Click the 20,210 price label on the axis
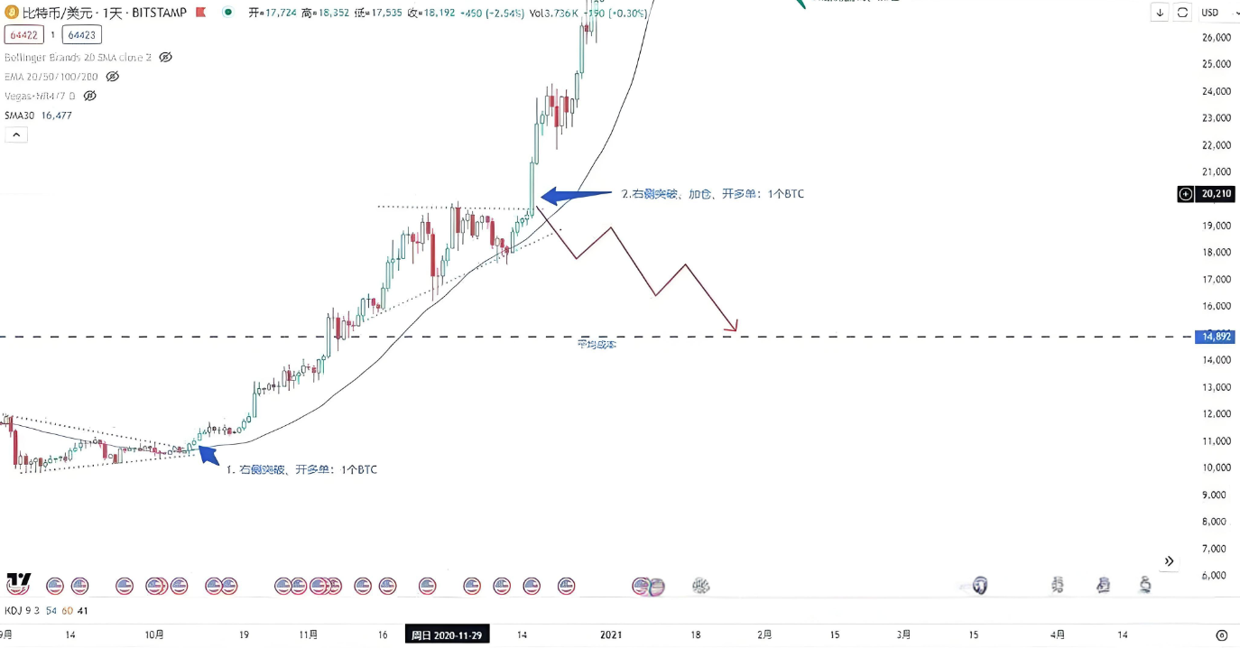(x=1217, y=194)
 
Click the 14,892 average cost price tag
(x=1216, y=337)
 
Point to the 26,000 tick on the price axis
(x=1217, y=38)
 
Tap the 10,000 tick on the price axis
(x=1217, y=467)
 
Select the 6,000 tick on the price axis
(x=1217, y=575)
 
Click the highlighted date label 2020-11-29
(x=447, y=635)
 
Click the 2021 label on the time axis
(x=610, y=635)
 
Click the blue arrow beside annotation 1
(x=208, y=454)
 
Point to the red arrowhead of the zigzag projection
(x=735, y=326)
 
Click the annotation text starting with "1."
(x=301, y=470)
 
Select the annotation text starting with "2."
(x=713, y=194)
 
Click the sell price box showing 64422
(x=22, y=35)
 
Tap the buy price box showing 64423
(x=81, y=35)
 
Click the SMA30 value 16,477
(x=56, y=116)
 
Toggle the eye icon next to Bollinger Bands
(x=165, y=57)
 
